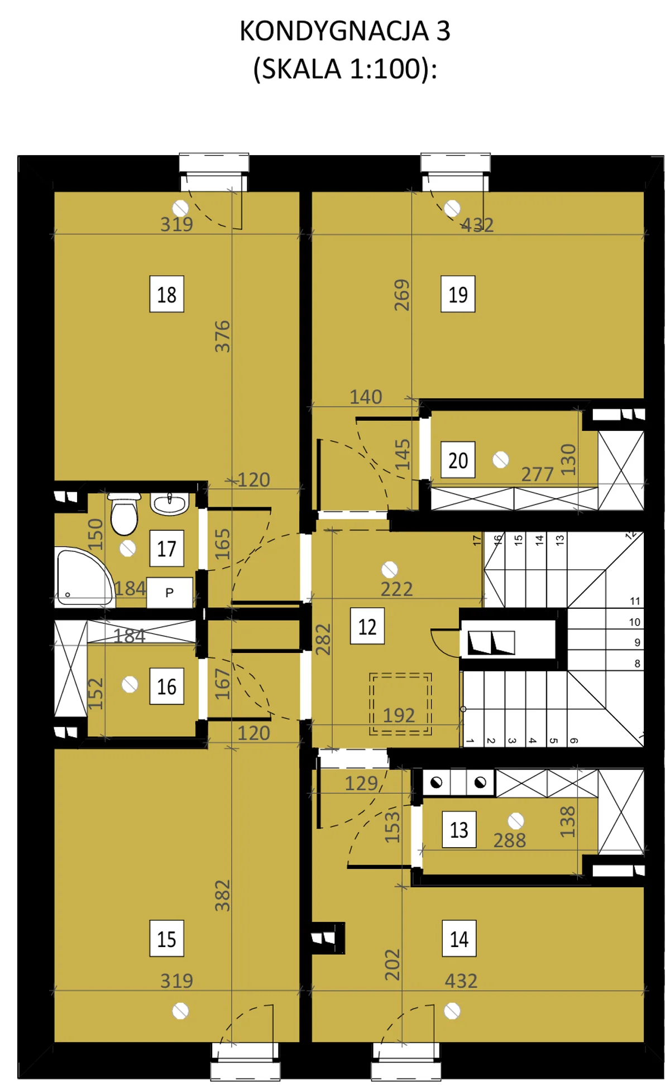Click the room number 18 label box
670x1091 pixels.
[166, 294]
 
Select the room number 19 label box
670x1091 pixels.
[458, 294]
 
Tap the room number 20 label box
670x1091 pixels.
[458, 460]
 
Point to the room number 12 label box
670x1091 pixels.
[367, 626]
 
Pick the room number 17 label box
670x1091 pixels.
[166, 548]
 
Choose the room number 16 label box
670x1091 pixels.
[166, 686]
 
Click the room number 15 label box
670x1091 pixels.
[166, 939]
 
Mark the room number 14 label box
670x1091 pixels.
[459, 939]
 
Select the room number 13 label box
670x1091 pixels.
[459, 829]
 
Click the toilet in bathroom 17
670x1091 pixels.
[124, 513]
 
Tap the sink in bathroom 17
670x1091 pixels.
[169, 503]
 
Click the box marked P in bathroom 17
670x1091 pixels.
[170, 592]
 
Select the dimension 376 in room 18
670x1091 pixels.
[222, 336]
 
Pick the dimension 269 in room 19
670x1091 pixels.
[401, 295]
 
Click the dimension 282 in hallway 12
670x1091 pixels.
[323, 640]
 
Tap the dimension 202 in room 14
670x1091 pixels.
[393, 965]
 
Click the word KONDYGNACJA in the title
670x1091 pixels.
[334, 31]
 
